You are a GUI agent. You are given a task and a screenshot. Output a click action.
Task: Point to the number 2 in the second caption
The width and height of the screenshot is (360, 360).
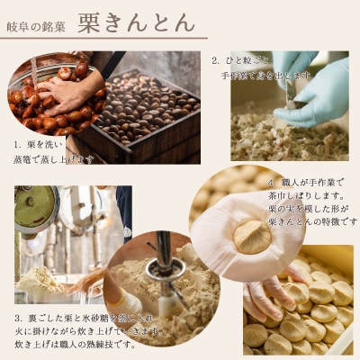coord(215,62)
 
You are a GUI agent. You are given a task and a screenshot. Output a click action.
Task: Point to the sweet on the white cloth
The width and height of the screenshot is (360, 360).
coord(252,236)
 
